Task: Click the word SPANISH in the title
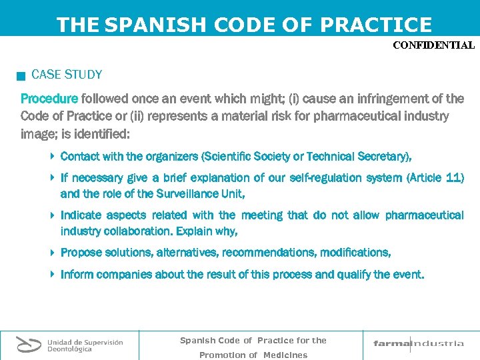pyautogui.click(x=157, y=25)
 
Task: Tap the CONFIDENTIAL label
pyautogui.click(x=433, y=46)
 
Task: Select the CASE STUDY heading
pyautogui.click(x=67, y=75)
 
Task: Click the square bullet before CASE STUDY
pyautogui.click(x=22, y=76)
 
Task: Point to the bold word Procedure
pyautogui.click(x=49, y=99)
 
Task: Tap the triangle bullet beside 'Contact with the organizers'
pyautogui.click(x=53, y=157)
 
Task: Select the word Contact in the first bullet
pyautogui.click(x=79, y=157)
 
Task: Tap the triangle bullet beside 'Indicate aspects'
pyautogui.click(x=53, y=215)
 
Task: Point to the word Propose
pyautogui.click(x=82, y=253)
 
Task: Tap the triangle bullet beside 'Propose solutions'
pyautogui.click(x=53, y=253)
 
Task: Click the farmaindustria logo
pyautogui.click(x=418, y=344)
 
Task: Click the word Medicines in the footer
pyautogui.click(x=285, y=355)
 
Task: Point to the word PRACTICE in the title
pyautogui.click(x=376, y=25)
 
